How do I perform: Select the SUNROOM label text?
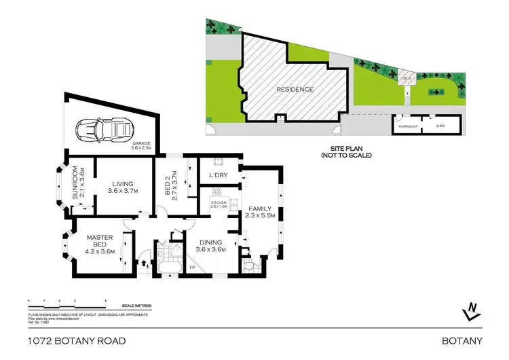point(77,183)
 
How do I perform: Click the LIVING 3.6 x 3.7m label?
point(123,187)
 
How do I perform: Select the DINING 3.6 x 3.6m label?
point(210,245)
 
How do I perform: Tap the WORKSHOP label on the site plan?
point(407,127)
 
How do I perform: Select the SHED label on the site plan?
point(440,127)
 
